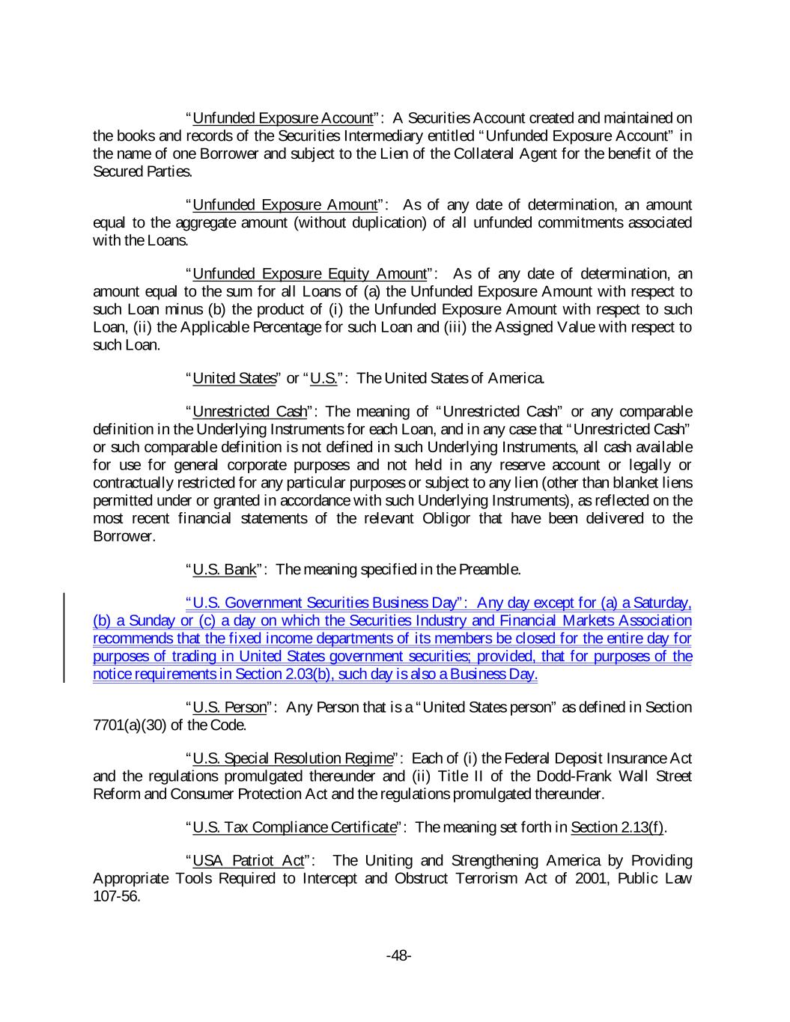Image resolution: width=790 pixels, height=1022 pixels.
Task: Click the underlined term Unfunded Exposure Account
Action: [x=282, y=118]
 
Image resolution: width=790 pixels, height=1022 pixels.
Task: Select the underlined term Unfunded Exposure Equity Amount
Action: [x=309, y=273]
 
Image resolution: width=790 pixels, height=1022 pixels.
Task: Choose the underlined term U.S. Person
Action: [x=229, y=708]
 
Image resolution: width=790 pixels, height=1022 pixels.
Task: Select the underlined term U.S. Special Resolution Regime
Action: [x=293, y=758]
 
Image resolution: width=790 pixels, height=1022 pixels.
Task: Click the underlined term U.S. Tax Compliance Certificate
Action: [x=294, y=827]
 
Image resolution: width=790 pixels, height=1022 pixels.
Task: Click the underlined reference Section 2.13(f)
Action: [x=617, y=827]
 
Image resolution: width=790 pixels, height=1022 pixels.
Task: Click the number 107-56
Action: [x=116, y=896]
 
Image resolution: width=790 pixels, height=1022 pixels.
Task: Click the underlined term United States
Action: [x=234, y=378]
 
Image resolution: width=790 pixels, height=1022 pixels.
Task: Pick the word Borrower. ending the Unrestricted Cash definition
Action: [x=124, y=536]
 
